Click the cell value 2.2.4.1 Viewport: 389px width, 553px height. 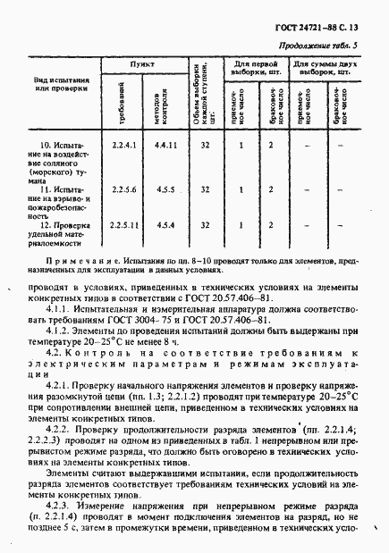[123, 144]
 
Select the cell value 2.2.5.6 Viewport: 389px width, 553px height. [123, 189]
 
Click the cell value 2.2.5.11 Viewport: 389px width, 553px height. [123, 223]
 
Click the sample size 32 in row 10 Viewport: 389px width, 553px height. [206, 144]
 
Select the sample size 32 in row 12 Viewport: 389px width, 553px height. [206, 223]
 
